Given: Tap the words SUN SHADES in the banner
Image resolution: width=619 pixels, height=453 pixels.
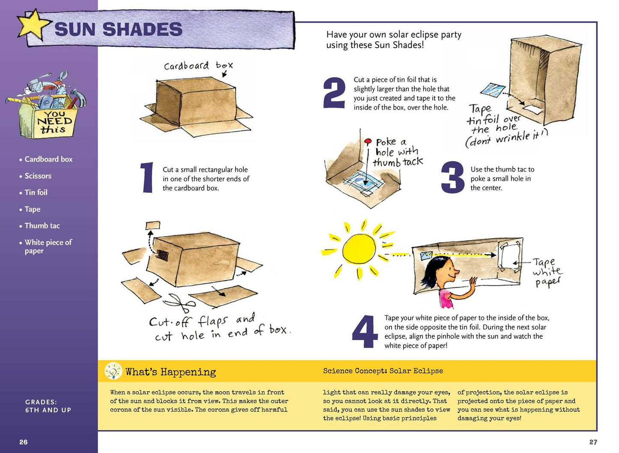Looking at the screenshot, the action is click(x=119, y=29).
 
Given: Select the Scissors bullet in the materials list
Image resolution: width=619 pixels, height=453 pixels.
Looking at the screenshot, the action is click(x=36, y=176).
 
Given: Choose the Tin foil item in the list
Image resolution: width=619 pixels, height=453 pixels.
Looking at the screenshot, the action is click(x=33, y=192).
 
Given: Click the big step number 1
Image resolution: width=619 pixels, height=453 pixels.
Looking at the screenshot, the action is click(x=147, y=177).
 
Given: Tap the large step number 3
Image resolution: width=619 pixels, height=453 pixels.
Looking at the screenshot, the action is click(x=453, y=177).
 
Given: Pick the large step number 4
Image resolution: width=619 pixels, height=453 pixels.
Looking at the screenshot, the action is click(x=365, y=331).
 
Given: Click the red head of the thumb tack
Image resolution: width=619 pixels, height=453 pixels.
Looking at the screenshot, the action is click(x=368, y=141).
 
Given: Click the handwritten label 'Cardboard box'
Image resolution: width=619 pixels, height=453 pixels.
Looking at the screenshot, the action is click(x=198, y=66).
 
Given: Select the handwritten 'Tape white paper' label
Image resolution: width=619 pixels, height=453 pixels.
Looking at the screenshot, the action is click(x=547, y=272).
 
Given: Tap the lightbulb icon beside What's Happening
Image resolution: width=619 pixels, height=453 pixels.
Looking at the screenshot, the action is click(x=113, y=371).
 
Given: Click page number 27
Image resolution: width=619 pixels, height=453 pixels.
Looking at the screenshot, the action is click(x=593, y=442).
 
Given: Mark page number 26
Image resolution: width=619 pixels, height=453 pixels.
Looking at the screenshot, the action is click(x=24, y=442).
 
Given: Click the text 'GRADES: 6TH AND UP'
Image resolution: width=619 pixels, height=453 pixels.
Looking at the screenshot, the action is click(x=48, y=406).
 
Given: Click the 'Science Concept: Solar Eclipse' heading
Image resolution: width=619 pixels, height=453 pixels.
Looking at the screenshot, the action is click(x=383, y=371).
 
